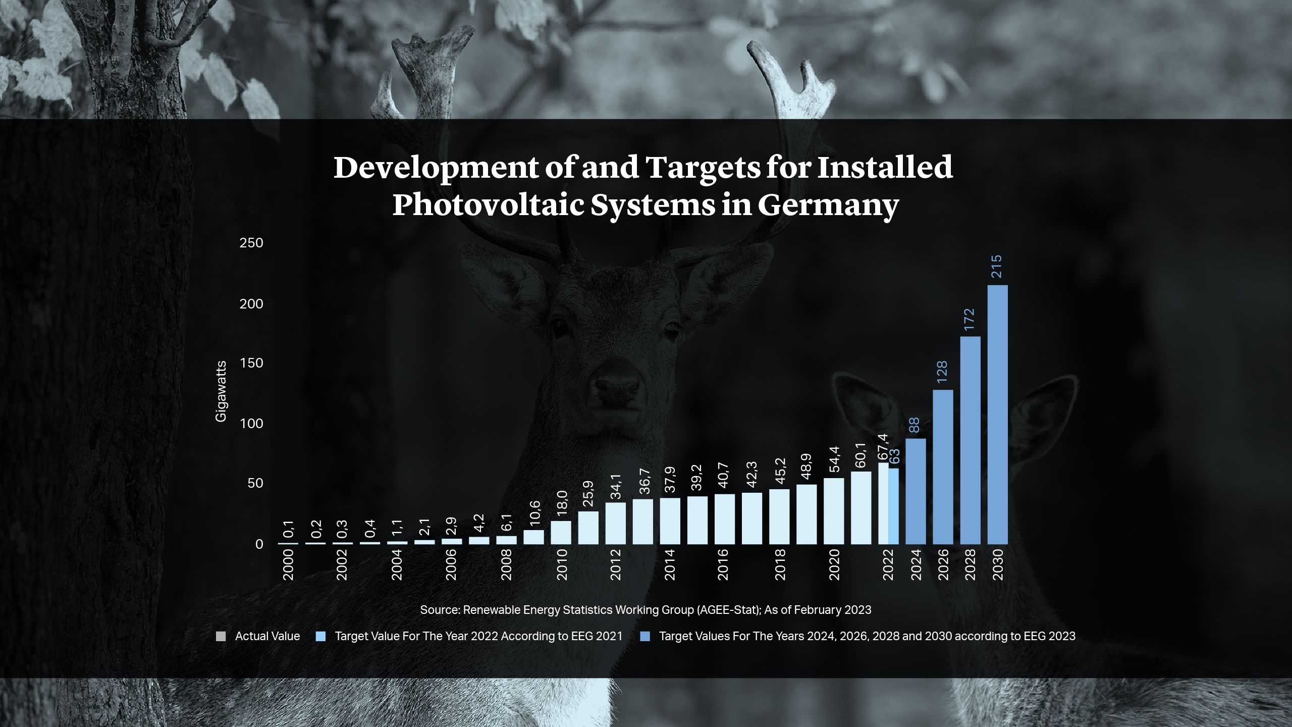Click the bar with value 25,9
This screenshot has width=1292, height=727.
[x=588, y=528]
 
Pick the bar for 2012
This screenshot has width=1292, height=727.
[x=615, y=523]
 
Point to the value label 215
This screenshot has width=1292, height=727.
[x=997, y=267]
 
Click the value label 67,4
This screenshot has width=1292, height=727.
[x=883, y=447]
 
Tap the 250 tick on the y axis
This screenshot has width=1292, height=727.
[x=251, y=243]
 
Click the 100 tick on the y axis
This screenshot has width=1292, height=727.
[x=251, y=424]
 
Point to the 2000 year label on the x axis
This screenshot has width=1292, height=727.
[x=288, y=565]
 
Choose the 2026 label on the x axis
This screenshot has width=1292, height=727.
[x=943, y=565]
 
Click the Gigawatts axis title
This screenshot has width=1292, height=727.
[x=221, y=391]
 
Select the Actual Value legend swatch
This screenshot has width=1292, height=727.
[x=221, y=636]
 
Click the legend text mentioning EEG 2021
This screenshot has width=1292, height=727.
[x=478, y=636]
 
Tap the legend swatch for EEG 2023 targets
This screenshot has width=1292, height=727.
[x=644, y=636]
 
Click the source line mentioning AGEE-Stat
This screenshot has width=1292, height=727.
[x=645, y=610]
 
